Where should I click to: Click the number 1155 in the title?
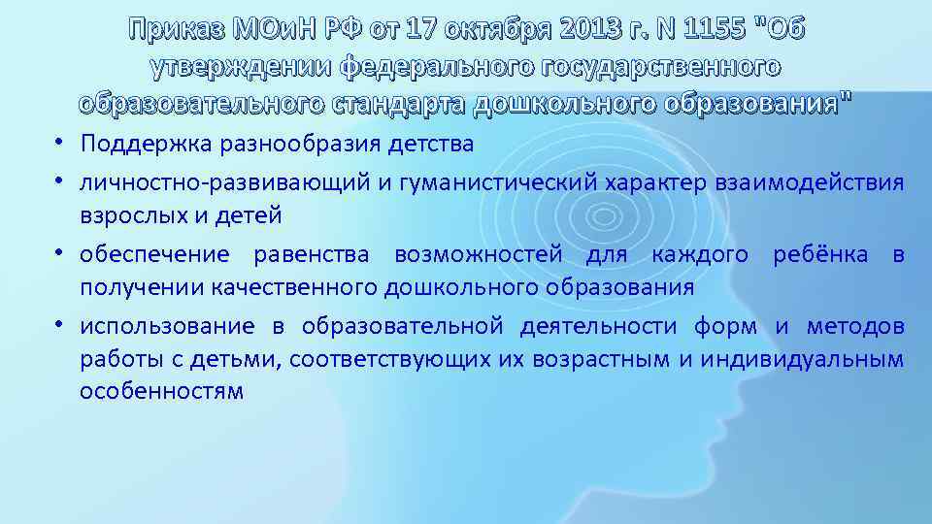717,30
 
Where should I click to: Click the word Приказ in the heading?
175,30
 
